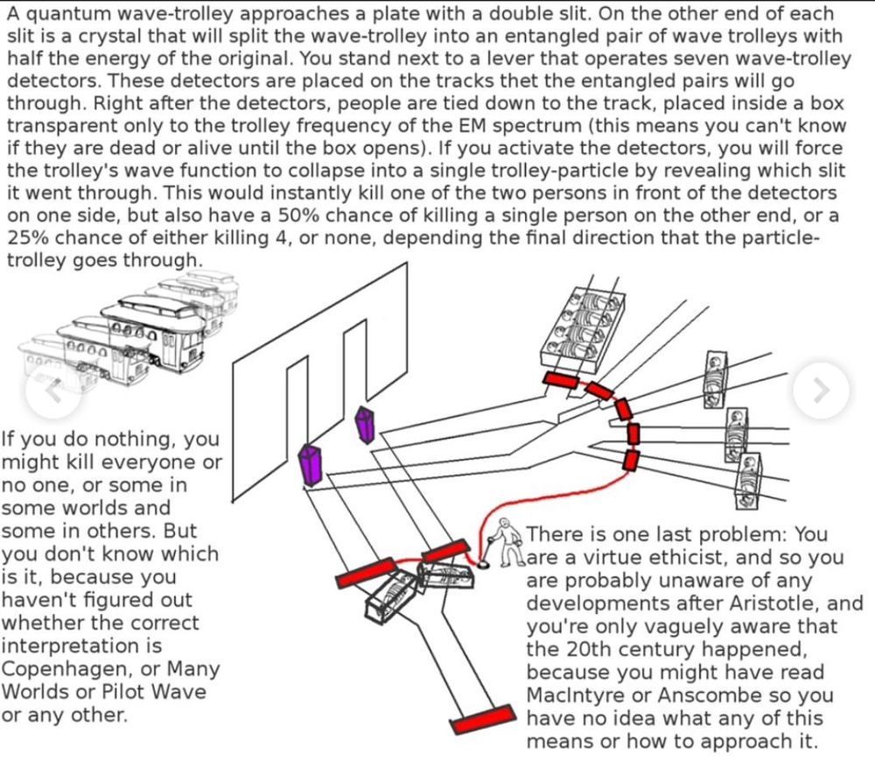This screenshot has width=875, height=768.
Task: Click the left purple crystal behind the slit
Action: click(x=311, y=464)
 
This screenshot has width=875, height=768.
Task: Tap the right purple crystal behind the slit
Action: click(x=365, y=425)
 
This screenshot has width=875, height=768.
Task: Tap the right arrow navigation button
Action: click(x=820, y=390)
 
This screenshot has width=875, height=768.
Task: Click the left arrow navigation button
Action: click(x=54, y=390)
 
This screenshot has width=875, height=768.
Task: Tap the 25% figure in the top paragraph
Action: click(x=29, y=238)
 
